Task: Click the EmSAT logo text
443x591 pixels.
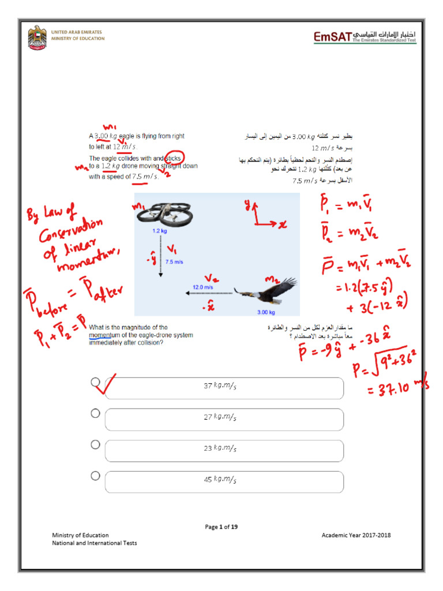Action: click(333, 38)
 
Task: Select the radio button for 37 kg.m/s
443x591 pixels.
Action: click(95, 382)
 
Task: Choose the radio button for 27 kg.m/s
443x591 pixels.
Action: click(95, 413)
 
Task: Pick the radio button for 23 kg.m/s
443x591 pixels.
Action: click(95, 444)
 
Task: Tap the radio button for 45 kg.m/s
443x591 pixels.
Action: click(95, 476)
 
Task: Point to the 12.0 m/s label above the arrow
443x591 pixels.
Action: click(203, 287)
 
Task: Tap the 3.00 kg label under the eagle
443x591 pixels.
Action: click(267, 313)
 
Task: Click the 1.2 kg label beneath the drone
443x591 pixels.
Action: click(160, 231)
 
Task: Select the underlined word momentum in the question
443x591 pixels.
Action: click(103, 335)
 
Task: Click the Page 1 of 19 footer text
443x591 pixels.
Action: click(221, 526)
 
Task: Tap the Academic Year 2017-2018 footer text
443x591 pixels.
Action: click(356, 535)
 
